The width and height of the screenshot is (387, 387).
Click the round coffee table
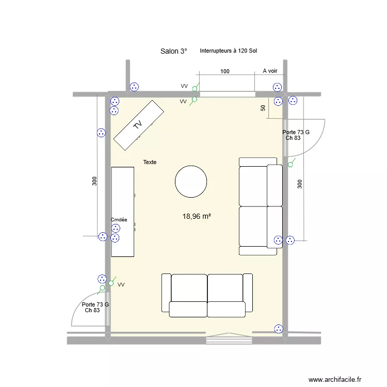[x=191, y=182]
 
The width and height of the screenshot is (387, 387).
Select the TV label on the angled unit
[x=137, y=124]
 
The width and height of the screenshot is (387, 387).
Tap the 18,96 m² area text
[x=196, y=217]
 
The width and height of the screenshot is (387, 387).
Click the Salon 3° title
[x=173, y=51]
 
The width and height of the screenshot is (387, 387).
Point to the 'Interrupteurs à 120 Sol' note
[x=229, y=51]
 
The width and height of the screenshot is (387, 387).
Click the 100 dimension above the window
[x=225, y=72]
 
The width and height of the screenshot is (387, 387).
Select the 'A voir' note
[x=270, y=71]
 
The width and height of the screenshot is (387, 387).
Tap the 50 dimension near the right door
[x=263, y=108]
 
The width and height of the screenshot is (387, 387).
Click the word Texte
[x=150, y=162]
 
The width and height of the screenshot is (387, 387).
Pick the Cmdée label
[x=119, y=219]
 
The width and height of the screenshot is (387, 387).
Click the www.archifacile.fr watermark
[x=336, y=380]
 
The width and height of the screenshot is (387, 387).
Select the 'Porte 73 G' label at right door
[x=296, y=133]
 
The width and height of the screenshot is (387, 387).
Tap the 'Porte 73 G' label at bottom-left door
[x=95, y=304]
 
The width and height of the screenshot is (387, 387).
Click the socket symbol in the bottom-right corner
[x=279, y=328]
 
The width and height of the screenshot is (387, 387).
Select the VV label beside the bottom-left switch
[x=121, y=284]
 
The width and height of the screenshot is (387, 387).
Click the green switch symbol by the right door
[x=291, y=165]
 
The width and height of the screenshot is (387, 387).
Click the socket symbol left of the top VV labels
[x=135, y=87]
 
